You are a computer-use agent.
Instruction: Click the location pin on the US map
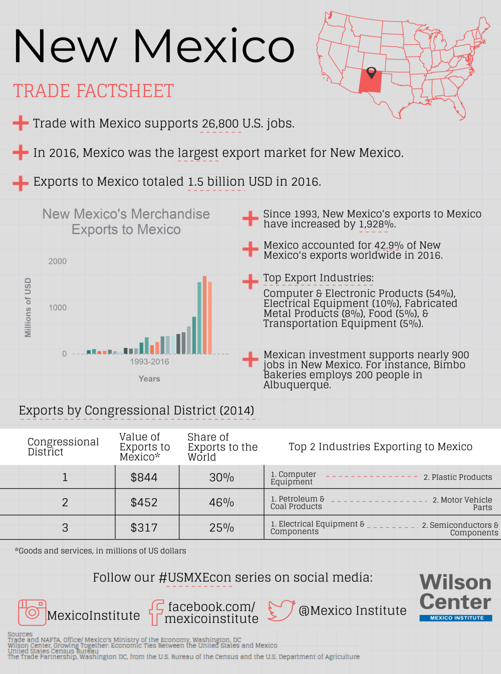click(371, 73)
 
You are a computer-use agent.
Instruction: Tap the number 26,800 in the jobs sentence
click(220, 124)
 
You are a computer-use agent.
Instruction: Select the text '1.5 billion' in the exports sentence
click(216, 182)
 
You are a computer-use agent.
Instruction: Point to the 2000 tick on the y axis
click(58, 261)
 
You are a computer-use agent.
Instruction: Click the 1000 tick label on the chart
click(58, 308)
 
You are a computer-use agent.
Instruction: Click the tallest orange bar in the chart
click(204, 315)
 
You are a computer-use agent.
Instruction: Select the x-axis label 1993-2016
click(149, 362)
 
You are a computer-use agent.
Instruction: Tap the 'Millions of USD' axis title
click(28, 307)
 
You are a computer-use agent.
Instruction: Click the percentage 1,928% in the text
click(376, 224)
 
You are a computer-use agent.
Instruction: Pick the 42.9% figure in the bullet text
click(389, 245)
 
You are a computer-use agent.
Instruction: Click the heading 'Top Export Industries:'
click(319, 278)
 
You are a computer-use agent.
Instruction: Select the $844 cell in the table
click(144, 478)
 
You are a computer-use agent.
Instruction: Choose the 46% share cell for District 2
click(221, 503)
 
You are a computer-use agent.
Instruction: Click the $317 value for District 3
click(144, 528)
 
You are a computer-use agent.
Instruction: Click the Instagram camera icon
click(32, 612)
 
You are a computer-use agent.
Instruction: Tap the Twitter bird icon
click(281, 610)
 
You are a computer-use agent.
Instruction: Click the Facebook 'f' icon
click(156, 612)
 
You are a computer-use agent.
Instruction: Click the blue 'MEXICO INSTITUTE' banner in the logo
click(456, 618)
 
